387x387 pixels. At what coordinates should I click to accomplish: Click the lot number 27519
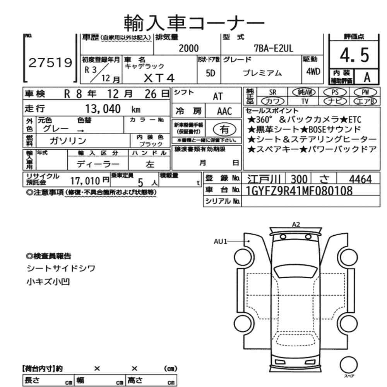(x=50, y=63)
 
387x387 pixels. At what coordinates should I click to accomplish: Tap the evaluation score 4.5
(x=354, y=55)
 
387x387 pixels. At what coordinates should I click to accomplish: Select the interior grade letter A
(x=367, y=77)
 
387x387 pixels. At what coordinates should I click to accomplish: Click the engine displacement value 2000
(x=188, y=48)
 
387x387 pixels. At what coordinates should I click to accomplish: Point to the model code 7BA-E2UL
(x=274, y=48)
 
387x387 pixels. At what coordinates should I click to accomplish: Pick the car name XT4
(x=159, y=78)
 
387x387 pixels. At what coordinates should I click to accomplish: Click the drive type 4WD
(x=313, y=72)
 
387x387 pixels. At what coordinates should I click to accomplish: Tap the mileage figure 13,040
(x=103, y=109)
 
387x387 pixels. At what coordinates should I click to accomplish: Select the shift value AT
(x=217, y=96)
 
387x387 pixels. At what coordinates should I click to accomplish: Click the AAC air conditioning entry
(x=224, y=111)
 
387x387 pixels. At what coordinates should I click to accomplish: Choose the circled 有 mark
(x=224, y=129)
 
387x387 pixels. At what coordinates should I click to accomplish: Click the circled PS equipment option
(x=335, y=92)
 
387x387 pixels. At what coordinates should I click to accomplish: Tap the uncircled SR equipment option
(x=272, y=92)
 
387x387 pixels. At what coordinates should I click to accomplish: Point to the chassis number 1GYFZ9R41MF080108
(x=300, y=190)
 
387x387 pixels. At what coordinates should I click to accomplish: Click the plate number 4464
(x=360, y=179)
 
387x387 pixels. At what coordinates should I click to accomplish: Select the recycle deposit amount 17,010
(x=85, y=181)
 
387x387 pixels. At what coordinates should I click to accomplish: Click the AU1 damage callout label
(x=221, y=241)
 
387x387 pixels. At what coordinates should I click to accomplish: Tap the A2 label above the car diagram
(x=296, y=224)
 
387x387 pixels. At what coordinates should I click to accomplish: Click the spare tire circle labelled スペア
(x=349, y=365)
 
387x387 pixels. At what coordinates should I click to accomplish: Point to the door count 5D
(x=211, y=73)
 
